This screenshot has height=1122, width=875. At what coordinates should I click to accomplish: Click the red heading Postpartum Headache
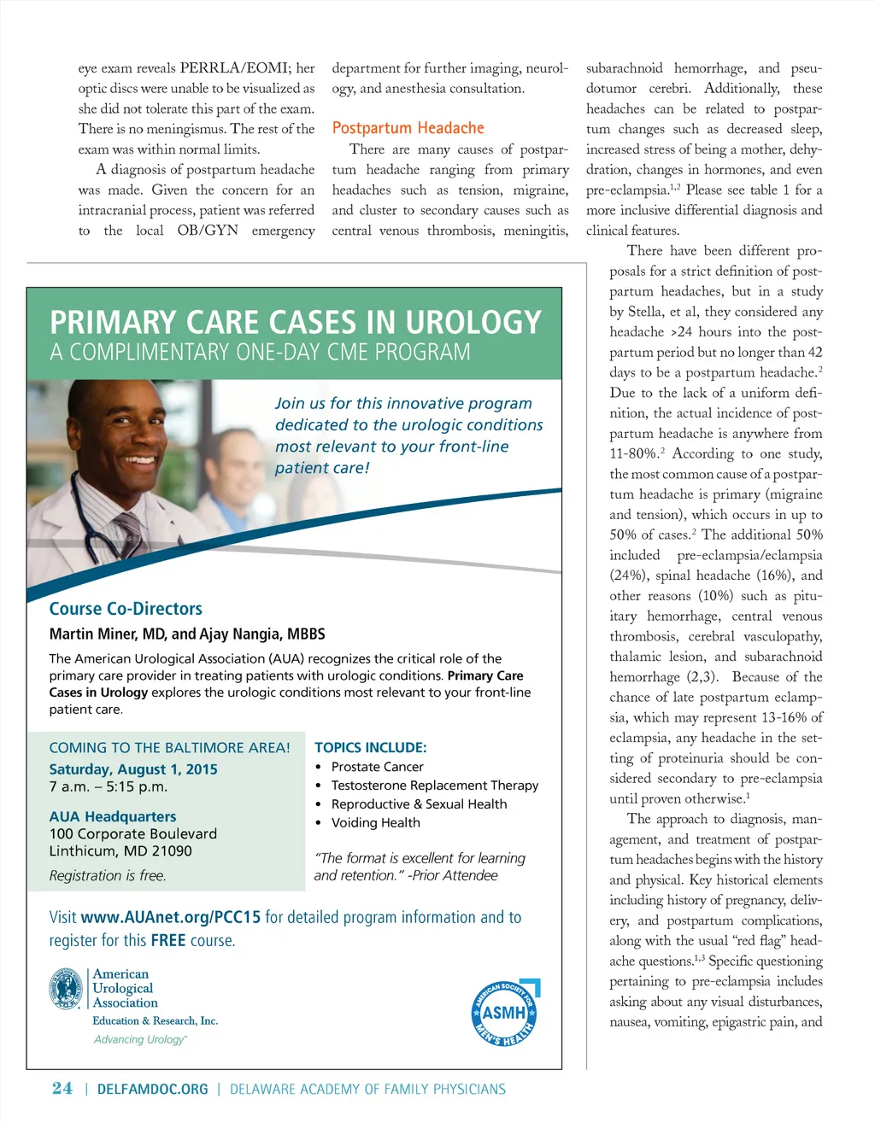click(408, 128)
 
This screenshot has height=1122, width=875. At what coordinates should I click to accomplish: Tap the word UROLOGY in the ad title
click(473, 323)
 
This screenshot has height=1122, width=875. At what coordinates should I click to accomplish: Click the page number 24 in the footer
click(62, 1088)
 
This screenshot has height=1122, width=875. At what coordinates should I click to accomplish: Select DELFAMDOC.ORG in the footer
click(153, 1089)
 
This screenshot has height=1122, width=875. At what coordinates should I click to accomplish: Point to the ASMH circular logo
click(504, 1014)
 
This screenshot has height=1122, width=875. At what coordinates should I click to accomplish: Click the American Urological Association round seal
click(67, 989)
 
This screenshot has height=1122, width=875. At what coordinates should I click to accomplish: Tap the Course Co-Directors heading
click(126, 609)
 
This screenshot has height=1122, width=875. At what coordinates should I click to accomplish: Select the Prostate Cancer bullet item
click(377, 767)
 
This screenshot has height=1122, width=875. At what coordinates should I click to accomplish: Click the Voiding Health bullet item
click(375, 822)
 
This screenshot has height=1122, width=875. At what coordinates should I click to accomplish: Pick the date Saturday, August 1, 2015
click(133, 768)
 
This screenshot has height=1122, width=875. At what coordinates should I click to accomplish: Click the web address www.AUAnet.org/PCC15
click(170, 917)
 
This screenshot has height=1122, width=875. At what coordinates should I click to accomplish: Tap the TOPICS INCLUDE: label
click(370, 747)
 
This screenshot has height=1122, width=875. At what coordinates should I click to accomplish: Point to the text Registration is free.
click(108, 875)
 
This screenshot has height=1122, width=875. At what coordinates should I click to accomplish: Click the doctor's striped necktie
click(128, 534)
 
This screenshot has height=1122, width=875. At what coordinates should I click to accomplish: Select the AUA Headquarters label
click(113, 816)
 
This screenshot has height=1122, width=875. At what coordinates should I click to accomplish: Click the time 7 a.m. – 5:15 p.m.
click(109, 786)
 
